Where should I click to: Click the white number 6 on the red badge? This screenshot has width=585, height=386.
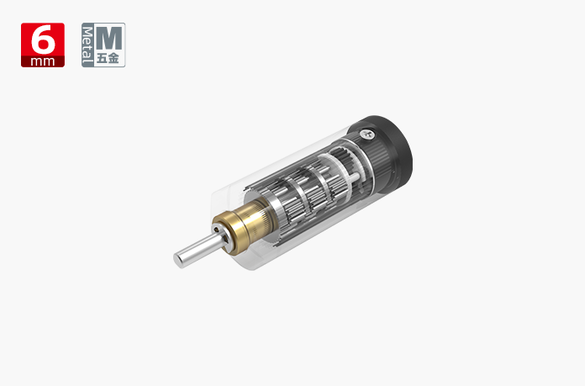(43, 40)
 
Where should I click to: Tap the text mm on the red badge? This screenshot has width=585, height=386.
(43, 61)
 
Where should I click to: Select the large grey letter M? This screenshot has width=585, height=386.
(109, 38)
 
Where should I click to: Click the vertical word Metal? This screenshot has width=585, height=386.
(87, 45)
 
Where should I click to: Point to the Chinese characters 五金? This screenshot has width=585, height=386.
(108, 58)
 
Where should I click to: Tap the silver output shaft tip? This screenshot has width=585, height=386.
(178, 260)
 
